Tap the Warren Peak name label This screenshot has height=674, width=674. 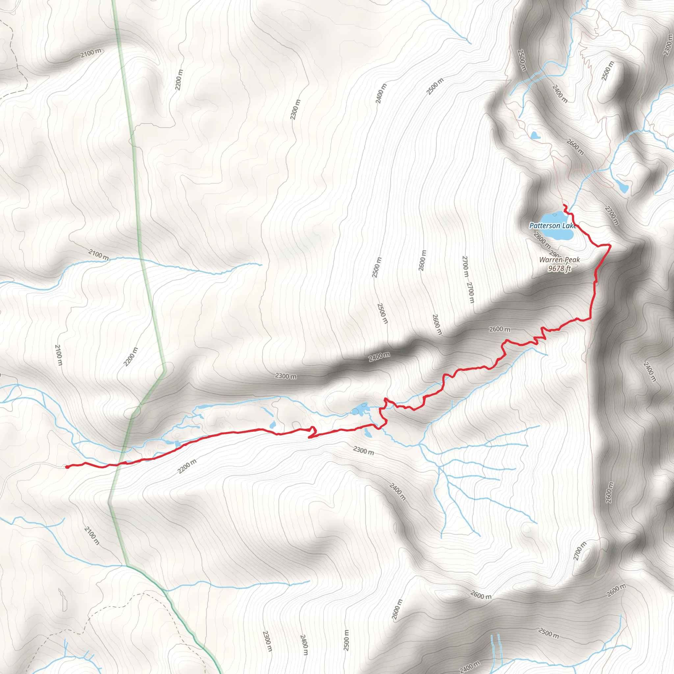pos(559,260)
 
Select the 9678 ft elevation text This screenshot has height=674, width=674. pos(559,269)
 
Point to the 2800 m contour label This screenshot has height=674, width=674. pos(542,240)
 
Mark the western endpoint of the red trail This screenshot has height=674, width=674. pos(66,467)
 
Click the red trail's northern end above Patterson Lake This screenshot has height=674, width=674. pos(564,205)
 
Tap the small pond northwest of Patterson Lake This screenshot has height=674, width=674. pos(535,135)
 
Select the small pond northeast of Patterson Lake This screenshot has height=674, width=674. pos(623,188)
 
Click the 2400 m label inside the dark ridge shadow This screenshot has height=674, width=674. pos(379,356)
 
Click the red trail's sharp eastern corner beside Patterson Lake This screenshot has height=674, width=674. pos(610,246)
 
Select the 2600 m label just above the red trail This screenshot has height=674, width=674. pos(500,329)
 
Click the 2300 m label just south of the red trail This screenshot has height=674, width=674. pos(364,451)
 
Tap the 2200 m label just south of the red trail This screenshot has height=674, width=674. pos(187,466)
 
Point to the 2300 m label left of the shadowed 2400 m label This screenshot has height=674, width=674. pos(286,376)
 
